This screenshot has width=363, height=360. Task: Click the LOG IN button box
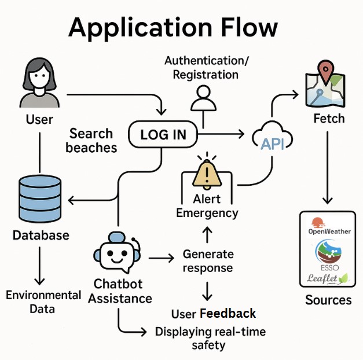(x=163, y=134)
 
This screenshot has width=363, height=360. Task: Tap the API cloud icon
(x=272, y=136)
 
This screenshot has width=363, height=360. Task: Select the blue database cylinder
(x=40, y=199)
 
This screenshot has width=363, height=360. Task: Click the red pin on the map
(x=325, y=71)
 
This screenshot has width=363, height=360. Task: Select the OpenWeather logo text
(x=329, y=232)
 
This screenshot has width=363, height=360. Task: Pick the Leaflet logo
(x=328, y=278)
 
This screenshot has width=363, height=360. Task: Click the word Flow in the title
(x=250, y=27)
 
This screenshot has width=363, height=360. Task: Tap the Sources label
(x=328, y=300)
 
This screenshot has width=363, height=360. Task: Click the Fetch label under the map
(x=329, y=118)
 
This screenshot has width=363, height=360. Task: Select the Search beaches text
(x=91, y=140)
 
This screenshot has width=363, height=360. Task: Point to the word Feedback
(x=228, y=314)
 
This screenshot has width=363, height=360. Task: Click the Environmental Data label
(x=43, y=302)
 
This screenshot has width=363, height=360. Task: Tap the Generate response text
(x=208, y=261)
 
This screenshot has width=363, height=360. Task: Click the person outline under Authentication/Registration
(x=203, y=98)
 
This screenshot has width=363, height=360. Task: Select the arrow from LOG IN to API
(x=221, y=134)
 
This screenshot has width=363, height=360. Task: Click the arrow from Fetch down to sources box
(x=327, y=168)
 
